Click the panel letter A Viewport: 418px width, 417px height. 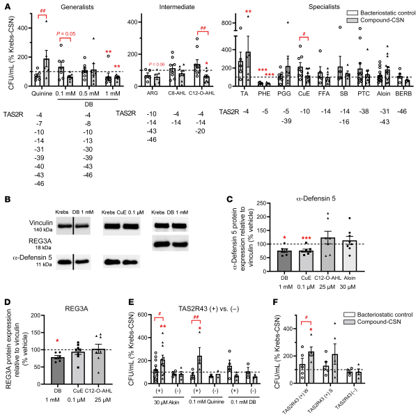[6, 6]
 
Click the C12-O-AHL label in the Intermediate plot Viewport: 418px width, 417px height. [204, 88]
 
